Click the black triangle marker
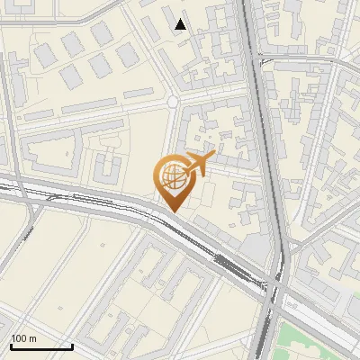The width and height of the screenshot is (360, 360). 181,24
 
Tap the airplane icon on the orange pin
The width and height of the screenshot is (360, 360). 198,165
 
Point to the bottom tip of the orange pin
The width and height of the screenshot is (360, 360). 173,211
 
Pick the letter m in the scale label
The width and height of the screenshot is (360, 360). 33,338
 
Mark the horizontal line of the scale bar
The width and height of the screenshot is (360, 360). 40,346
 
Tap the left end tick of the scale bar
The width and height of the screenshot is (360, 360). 11,345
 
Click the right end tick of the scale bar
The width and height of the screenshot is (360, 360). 72,345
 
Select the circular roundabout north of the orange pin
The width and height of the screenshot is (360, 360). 172,103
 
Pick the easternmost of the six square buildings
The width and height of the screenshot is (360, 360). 128,55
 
